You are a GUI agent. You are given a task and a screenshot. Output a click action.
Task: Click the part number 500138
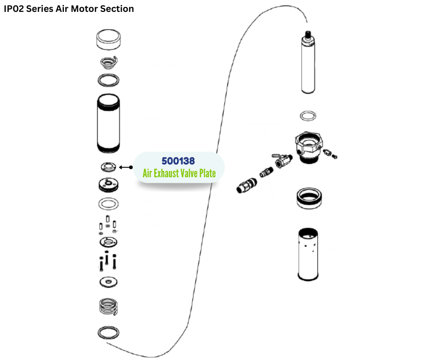coord(178,161)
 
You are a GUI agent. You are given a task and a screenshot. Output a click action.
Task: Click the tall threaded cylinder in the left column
coord(110,123)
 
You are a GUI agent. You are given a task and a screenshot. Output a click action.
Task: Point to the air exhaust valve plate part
coord(109,167)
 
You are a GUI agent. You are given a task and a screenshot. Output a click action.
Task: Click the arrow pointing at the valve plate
coord(126,167)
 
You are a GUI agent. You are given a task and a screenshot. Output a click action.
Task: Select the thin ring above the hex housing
coord(308,115)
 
